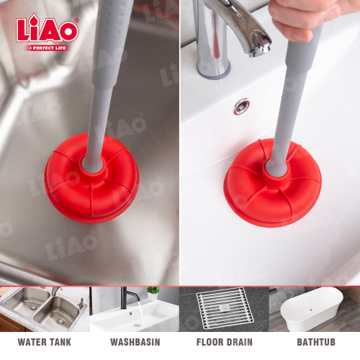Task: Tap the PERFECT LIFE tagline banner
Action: coord(48,48)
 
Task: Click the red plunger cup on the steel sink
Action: coord(91,178)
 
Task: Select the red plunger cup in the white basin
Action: coord(273,183)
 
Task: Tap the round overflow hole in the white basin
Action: coord(242,107)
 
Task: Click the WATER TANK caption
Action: coord(45,342)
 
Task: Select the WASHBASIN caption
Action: coord(135,342)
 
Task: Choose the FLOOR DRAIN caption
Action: coord(225,342)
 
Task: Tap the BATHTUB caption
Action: coord(316,342)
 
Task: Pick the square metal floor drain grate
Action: coord(225,308)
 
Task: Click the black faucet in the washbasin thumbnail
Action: coord(128,297)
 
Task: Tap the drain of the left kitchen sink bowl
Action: coord(33,307)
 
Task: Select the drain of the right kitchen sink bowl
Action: coord(60,320)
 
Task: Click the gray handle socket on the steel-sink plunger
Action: coord(93,165)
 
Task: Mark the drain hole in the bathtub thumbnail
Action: coord(311,310)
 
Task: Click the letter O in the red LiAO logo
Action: coord(68,32)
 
